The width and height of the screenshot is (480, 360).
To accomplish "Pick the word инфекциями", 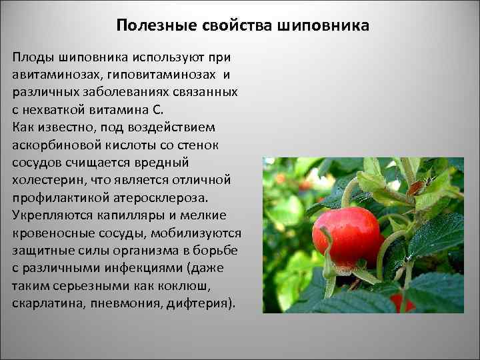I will [x=145, y=269].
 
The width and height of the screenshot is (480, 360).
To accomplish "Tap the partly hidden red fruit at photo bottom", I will [x=403, y=303].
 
